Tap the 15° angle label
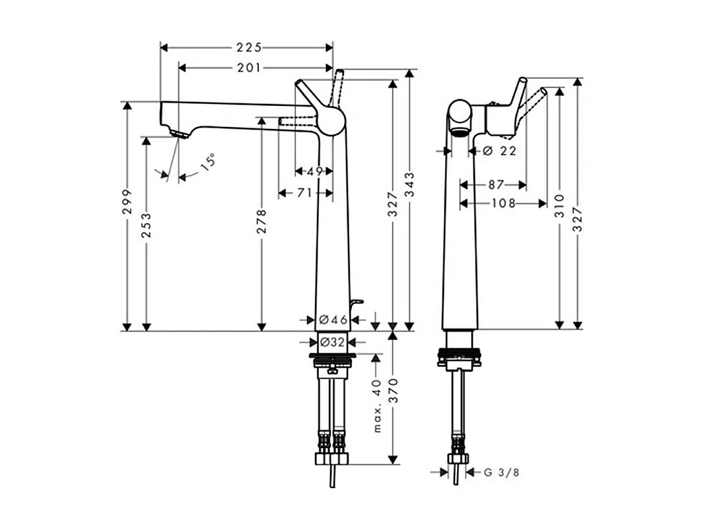pos(207,162)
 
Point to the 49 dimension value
pos(314,172)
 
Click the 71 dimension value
pos(304,193)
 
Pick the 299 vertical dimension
pos(127,201)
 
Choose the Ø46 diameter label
pos(333,320)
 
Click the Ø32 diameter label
pos(333,342)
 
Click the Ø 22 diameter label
pos(500,151)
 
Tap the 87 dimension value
pos(497,185)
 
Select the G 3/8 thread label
pos(501,472)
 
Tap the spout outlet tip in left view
pos(178,134)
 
